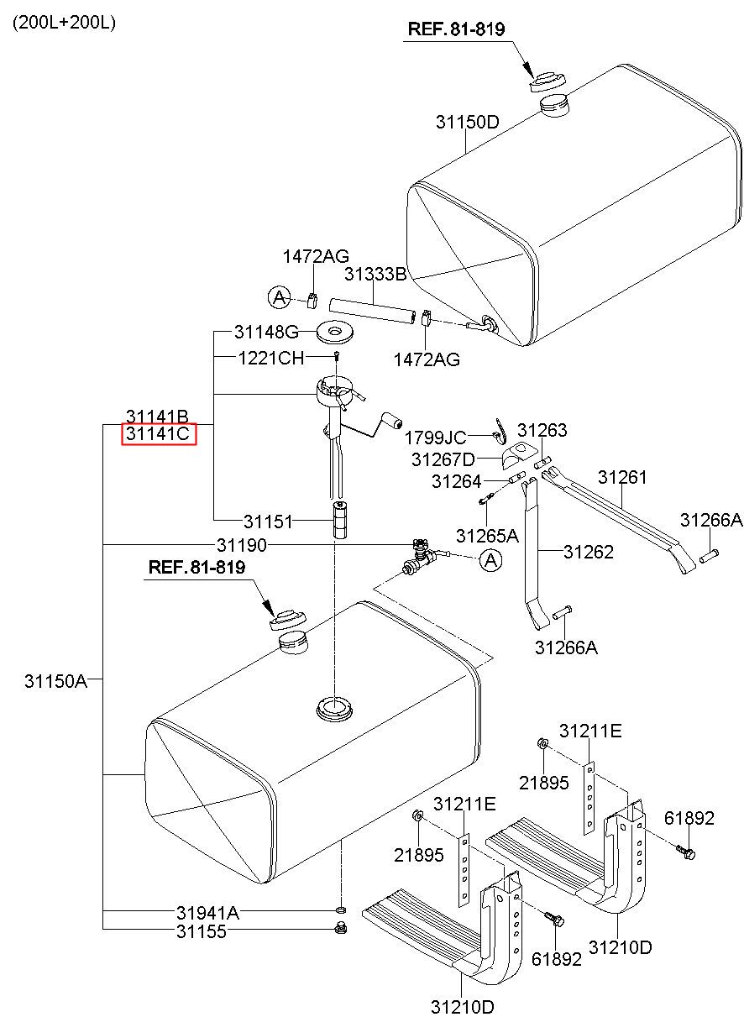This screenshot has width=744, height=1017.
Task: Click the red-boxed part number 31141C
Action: (x=159, y=434)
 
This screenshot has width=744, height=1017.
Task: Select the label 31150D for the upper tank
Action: (x=467, y=122)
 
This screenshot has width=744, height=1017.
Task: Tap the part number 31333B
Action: (x=375, y=274)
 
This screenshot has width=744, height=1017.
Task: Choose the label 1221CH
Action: (x=270, y=358)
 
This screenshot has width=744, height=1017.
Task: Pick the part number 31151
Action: (x=268, y=522)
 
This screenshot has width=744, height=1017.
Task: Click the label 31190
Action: (x=241, y=545)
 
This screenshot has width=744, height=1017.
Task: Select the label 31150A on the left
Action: (x=55, y=680)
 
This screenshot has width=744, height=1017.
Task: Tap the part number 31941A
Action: (x=207, y=912)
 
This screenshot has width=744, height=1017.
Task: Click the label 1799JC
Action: (x=435, y=438)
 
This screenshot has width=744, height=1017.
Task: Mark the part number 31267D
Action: (x=443, y=459)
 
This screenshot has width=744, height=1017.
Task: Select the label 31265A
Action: (x=487, y=535)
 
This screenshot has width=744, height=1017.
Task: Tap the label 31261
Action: (x=622, y=477)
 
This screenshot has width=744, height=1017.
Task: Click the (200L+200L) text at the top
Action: (x=64, y=23)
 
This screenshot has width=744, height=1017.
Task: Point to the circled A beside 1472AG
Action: (x=279, y=296)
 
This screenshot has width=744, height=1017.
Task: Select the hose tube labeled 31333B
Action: (x=371, y=309)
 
